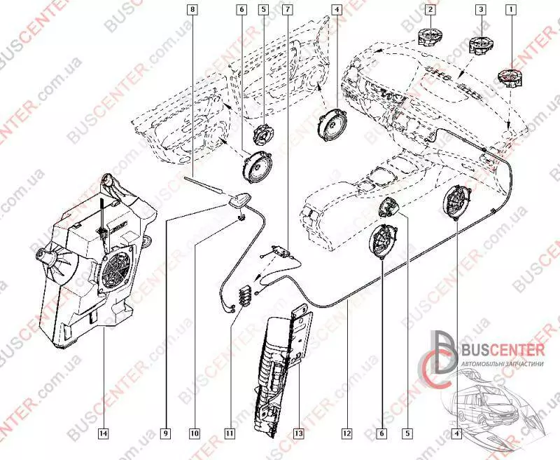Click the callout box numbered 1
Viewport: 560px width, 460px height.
click(x=512, y=10)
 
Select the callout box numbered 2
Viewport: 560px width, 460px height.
click(x=430, y=10)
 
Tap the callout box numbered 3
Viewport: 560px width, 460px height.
click(x=479, y=10)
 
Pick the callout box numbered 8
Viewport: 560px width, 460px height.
click(x=192, y=10)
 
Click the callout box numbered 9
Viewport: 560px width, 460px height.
click(x=167, y=433)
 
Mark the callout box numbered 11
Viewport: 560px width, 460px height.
click(x=229, y=433)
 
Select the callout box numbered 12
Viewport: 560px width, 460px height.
click(x=346, y=433)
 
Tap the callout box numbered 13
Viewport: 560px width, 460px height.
click(x=297, y=433)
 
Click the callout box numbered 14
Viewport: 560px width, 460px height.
click(x=103, y=433)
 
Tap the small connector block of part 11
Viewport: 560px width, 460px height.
click(x=245, y=296)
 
